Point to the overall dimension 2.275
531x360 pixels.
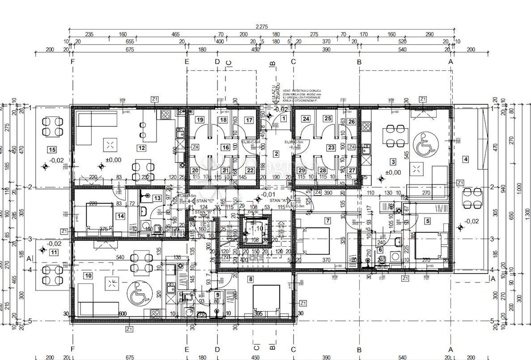tap(261, 27)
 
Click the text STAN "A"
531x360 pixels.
tap(278, 201)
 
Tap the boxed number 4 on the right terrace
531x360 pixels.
tap(465, 159)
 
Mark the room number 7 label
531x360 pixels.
tap(327, 221)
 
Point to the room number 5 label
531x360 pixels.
tap(428, 220)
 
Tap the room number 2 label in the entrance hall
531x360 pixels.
tap(277, 154)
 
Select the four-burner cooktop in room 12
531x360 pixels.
tap(165, 115)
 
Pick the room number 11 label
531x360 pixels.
tap(54, 252)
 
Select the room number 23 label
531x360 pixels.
tap(331, 147)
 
